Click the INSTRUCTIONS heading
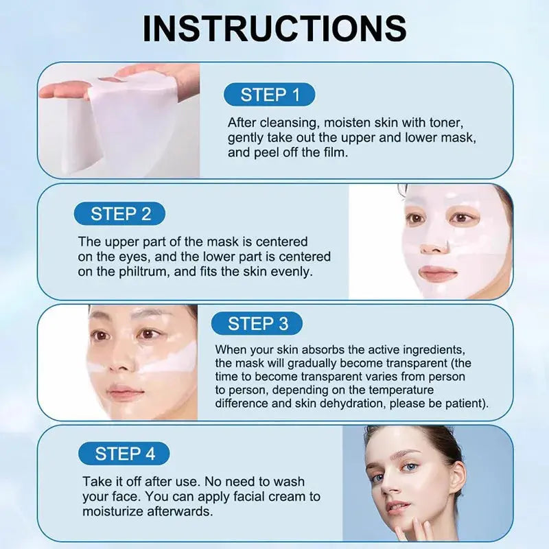click(x=274, y=29)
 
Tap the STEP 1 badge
click(x=270, y=95)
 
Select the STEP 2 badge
click(x=121, y=214)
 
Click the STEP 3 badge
click(x=257, y=323)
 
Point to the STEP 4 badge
click(x=125, y=454)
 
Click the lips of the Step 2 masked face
click(x=438, y=273)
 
